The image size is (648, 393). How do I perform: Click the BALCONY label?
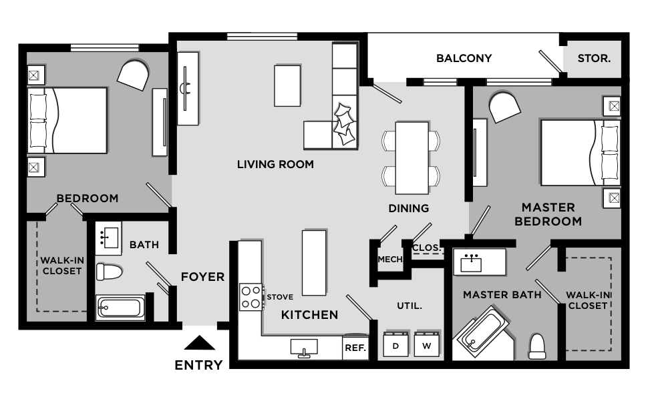click(x=464, y=58)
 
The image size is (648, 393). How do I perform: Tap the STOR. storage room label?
click(x=593, y=58)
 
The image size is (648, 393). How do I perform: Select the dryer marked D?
click(x=395, y=345)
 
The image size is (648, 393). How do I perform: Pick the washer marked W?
click(x=426, y=345)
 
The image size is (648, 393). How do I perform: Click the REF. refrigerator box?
click(x=355, y=347)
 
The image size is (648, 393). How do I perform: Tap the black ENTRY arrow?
click(x=198, y=343)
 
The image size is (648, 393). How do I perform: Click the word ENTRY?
click(x=198, y=365)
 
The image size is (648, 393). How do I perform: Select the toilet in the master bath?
click(x=538, y=346)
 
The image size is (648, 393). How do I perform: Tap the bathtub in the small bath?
click(x=120, y=308)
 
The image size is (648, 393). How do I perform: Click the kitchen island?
click(x=315, y=262)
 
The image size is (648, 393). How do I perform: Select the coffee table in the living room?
click(x=288, y=85)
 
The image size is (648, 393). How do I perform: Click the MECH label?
click(x=389, y=260)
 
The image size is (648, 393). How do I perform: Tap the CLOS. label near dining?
click(x=427, y=248)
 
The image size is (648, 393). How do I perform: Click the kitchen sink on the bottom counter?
click(x=304, y=347)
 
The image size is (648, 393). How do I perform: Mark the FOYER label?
click(x=202, y=277)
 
